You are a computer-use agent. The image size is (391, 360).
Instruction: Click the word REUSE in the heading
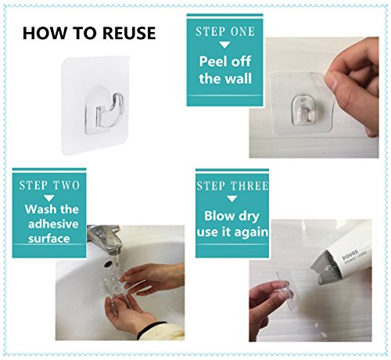(129, 33)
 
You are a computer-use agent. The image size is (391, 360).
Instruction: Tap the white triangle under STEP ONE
(224, 45)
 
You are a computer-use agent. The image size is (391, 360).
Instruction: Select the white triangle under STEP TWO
(48, 198)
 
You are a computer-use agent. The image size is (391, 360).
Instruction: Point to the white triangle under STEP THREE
(231, 199)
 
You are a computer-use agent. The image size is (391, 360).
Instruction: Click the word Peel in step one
(213, 62)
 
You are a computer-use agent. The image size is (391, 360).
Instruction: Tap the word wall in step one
(240, 78)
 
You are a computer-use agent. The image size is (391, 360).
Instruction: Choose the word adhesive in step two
(53, 224)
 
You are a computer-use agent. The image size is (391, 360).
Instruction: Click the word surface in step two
(49, 239)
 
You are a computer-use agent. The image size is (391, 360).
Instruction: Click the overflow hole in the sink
(108, 264)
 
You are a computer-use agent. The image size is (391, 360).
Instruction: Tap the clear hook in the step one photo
(303, 110)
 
